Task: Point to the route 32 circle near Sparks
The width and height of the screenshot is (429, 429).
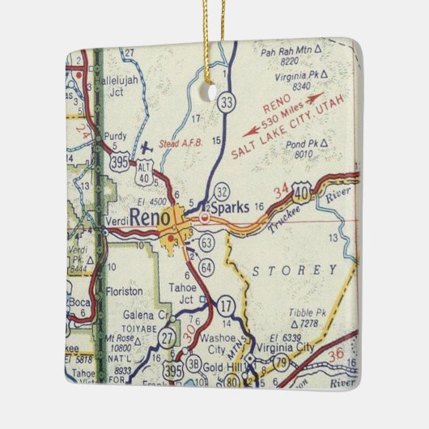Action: click(x=221, y=191)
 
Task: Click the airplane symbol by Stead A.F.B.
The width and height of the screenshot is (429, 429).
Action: click(x=147, y=148)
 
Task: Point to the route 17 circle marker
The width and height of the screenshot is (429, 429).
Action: click(x=226, y=304)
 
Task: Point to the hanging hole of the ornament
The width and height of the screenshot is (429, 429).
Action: click(x=221, y=95)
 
